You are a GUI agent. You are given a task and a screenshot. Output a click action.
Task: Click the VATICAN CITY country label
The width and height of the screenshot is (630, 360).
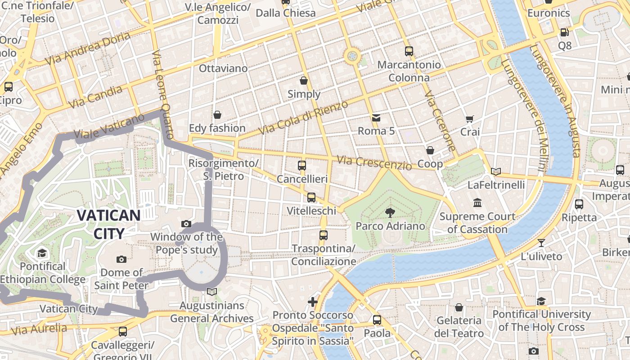point(108,224)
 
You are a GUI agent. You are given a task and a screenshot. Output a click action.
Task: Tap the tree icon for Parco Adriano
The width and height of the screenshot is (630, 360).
point(390,213)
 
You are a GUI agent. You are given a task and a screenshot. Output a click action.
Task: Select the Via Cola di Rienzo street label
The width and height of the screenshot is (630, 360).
point(303,118)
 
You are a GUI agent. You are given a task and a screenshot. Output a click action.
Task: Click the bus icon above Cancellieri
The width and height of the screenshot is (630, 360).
point(302,166)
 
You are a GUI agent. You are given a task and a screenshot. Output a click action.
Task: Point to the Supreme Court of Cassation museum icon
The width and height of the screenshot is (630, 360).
point(477,203)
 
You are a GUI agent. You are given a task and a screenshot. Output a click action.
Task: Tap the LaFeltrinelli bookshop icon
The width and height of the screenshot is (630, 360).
point(496,171)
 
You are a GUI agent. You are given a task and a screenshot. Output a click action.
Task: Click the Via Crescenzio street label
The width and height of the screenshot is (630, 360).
point(374,162)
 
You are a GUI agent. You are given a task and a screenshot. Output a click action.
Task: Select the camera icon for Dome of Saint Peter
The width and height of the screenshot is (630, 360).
point(121,259)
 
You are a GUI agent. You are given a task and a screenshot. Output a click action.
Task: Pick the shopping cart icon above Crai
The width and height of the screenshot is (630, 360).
point(470,119)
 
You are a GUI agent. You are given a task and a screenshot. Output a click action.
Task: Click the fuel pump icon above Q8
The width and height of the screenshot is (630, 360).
point(564,32)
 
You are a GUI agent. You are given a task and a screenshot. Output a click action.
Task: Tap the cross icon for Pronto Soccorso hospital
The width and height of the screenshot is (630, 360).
point(313,301)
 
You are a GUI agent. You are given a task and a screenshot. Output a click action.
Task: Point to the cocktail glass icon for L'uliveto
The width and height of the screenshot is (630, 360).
point(541,243)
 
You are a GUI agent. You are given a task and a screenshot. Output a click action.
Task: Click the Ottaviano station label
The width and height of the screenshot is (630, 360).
point(223,68)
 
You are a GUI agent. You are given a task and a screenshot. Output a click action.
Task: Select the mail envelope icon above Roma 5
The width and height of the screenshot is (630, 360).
point(376,118)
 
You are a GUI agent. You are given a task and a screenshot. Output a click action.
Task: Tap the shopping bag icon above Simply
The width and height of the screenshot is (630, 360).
point(304,81)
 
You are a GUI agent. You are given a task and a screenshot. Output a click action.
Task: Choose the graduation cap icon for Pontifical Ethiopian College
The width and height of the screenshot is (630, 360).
point(42,253)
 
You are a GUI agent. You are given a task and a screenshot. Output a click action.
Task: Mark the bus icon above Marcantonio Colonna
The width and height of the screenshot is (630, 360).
point(409,51)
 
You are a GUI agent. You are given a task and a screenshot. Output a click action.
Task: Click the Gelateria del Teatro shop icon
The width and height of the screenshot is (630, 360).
point(459,307)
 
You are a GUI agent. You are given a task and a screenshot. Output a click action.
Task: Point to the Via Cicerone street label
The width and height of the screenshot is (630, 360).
point(440,122)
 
